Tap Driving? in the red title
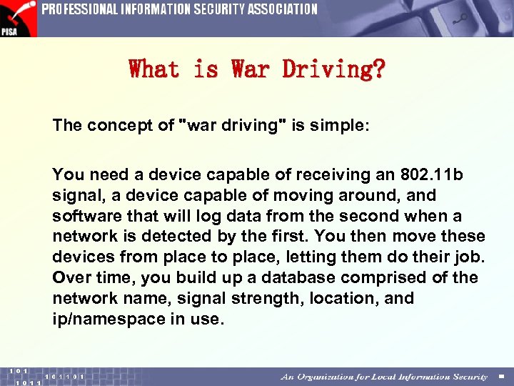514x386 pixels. [333, 69]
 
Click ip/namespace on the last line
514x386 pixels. [108, 319]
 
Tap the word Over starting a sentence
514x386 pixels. [69, 277]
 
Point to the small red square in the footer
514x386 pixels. [501, 377]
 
